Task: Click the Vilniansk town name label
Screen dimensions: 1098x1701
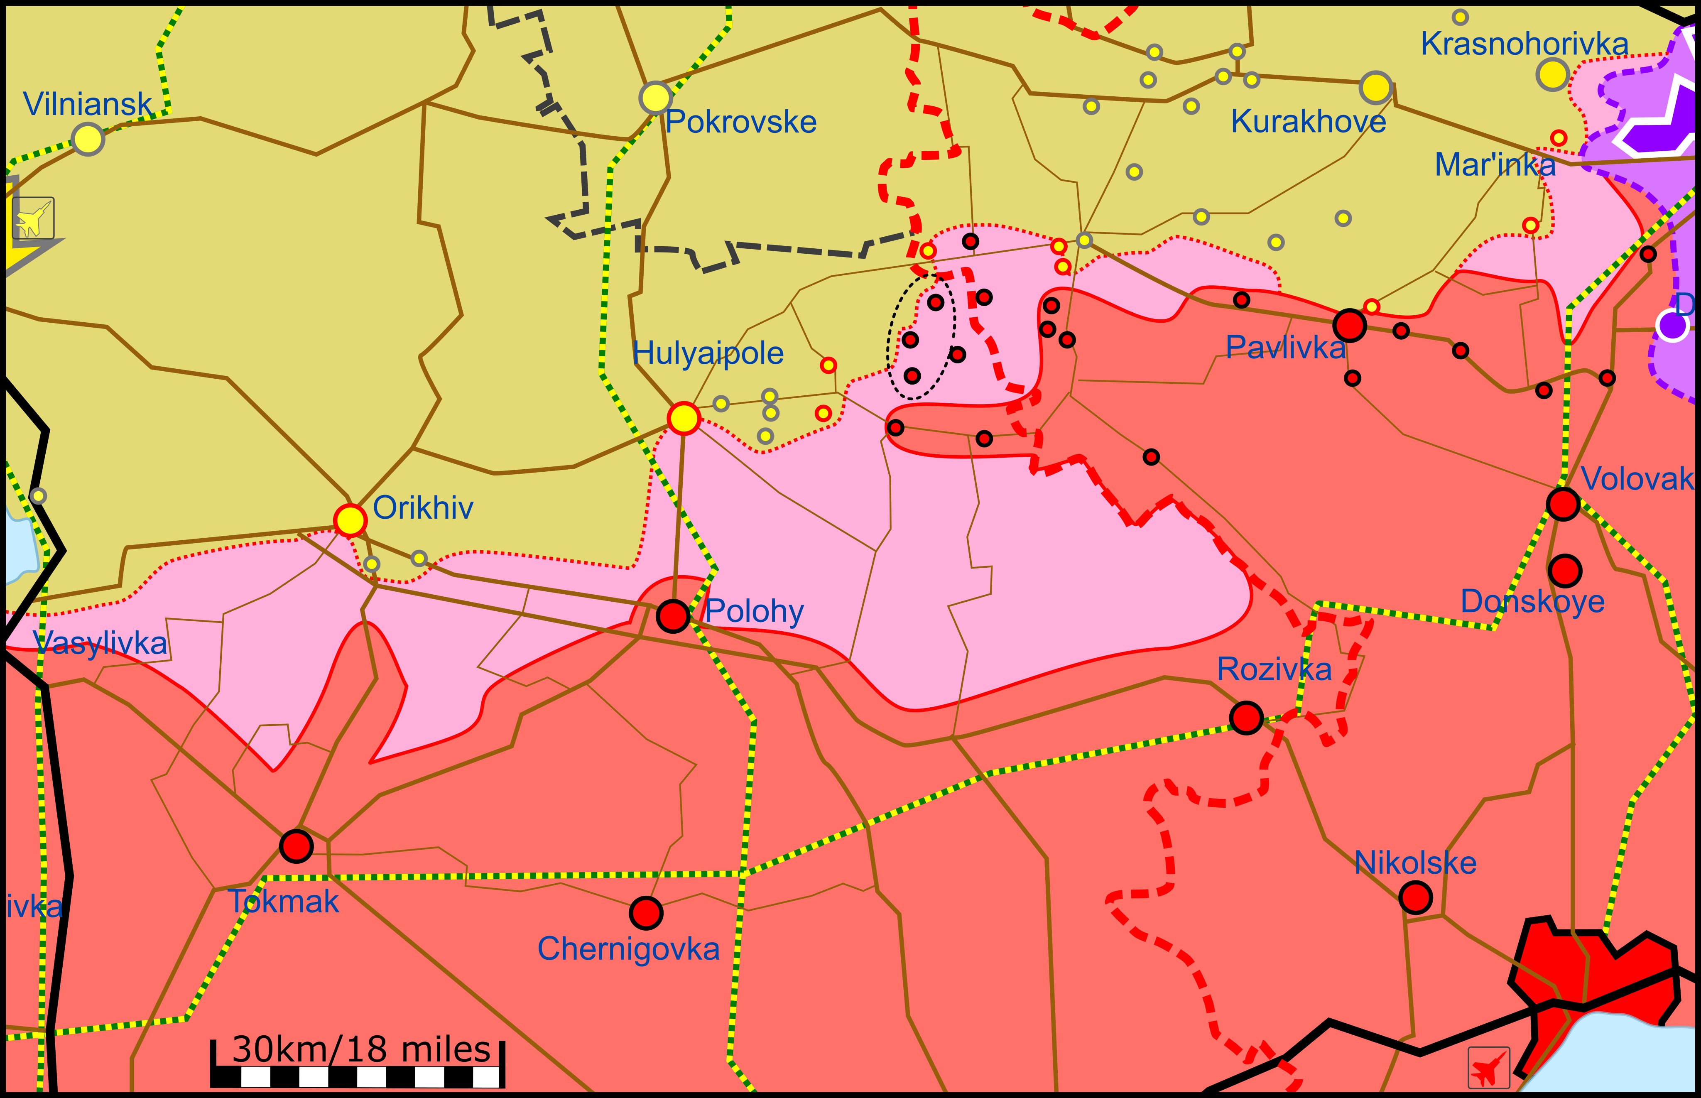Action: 88,104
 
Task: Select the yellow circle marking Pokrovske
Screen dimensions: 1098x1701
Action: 655,98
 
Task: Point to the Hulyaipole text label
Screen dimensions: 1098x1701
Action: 708,353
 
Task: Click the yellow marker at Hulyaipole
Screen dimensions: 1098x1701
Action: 684,419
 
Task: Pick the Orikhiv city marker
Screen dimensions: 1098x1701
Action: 350,520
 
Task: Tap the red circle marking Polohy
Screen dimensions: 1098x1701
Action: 672,616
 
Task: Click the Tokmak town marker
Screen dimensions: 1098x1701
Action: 296,846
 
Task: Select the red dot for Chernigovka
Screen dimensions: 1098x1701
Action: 646,913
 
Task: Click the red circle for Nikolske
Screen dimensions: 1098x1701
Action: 1415,897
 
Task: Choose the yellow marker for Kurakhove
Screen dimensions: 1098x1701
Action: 1375,88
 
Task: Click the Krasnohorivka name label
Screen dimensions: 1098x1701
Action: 1524,44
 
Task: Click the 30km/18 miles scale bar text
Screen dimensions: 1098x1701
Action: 361,1049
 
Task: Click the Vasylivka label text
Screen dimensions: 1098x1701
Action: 100,644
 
